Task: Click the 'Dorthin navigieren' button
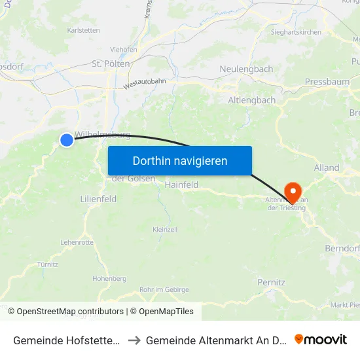180,160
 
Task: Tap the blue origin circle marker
67,139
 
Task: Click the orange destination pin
293,192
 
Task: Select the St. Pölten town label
111,63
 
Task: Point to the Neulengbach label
246,69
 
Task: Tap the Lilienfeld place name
98,198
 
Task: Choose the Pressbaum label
327,82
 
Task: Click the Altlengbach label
252,100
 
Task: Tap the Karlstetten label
84,29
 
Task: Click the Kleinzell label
165,230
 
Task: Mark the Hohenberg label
109,278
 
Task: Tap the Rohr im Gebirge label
164,289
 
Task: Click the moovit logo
321,339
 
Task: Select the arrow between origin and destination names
134,340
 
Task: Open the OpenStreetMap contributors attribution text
70,312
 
